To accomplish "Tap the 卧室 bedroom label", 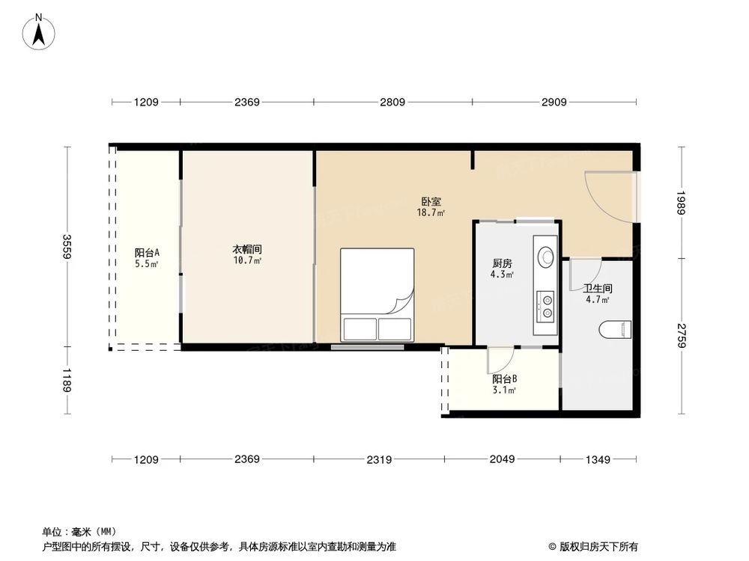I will (x=431, y=201).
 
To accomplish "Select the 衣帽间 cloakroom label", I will (x=246, y=249).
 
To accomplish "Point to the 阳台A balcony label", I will (x=147, y=252).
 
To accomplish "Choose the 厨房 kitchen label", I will (x=502, y=263).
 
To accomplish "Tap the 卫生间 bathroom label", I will (x=598, y=288).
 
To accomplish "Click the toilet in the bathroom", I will (x=617, y=328).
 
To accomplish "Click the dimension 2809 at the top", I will (x=392, y=102).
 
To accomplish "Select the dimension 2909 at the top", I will (x=554, y=102).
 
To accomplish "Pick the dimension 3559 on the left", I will (x=67, y=247).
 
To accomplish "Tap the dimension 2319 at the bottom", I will (x=379, y=459).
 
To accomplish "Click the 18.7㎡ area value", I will (x=431, y=212).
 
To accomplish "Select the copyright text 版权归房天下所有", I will (x=597, y=547).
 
